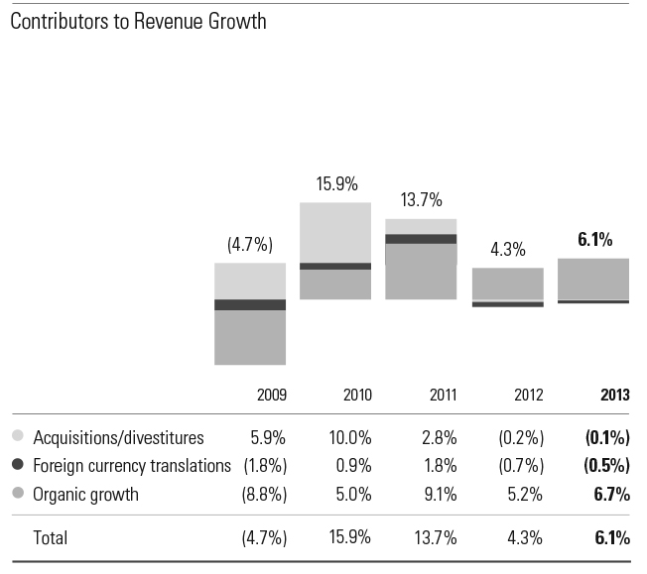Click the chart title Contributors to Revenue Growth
[x=138, y=21]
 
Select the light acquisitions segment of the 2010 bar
[x=335, y=232]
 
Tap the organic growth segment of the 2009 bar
[x=250, y=337]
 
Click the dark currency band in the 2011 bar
[x=421, y=239]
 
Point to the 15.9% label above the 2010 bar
[x=336, y=184]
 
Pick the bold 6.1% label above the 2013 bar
[x=594, y=239]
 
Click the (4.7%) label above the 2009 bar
[x=249, y=244]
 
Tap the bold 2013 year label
[x=614, y=395]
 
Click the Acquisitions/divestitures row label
[x=118, y=437]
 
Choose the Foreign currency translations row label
[x=132, y=466]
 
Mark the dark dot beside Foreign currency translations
[x=18, y=465]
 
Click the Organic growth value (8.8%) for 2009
[x=264, y=494]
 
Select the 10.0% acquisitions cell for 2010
[x=350, y=437]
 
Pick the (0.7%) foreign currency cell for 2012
[x=523, y=466]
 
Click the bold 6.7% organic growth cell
[x=612, y=494]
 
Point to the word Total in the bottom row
[x=51, y=538]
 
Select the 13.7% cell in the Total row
[x=436, y=538]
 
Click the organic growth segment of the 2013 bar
[x=593, y=279]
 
